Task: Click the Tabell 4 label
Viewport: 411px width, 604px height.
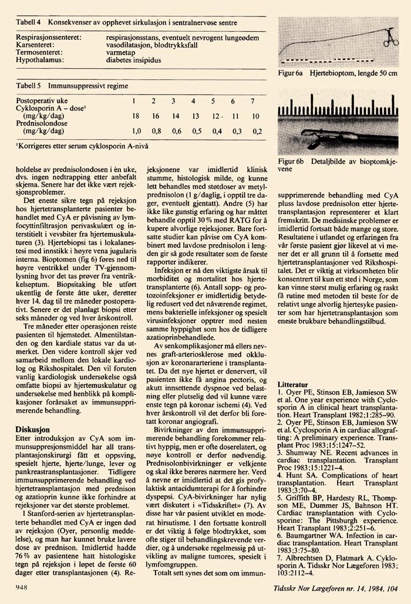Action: [28, 22]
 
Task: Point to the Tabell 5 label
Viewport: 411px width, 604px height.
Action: [28, 86]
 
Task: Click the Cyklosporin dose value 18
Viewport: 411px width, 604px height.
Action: [136, 117]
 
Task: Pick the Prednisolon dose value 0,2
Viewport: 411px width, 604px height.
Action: [256, 131]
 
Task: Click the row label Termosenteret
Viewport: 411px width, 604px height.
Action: [42, 52]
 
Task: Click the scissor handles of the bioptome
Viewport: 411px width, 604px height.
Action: [388, 41]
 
